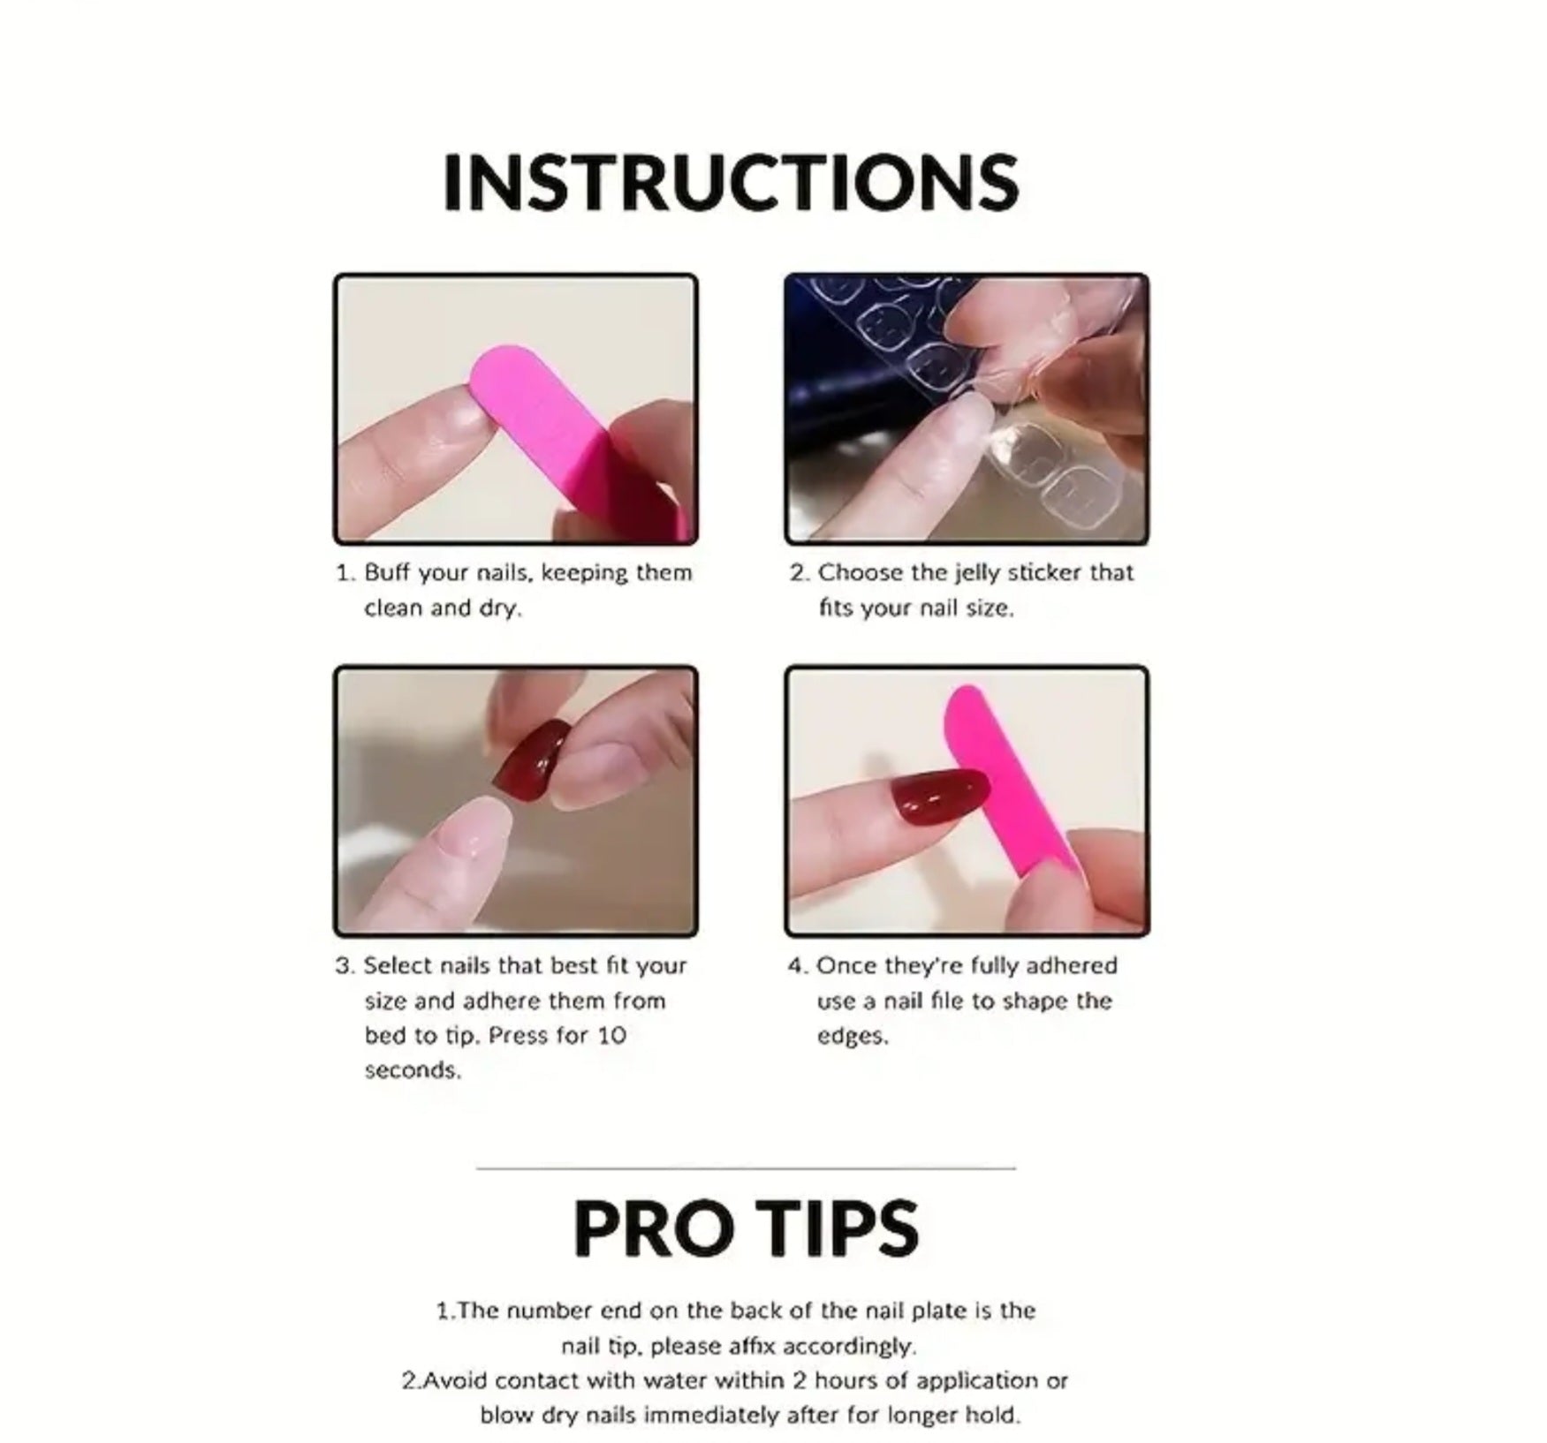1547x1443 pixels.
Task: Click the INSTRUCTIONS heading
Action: pos(731,183)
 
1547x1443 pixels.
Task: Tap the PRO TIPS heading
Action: pos(747,1228)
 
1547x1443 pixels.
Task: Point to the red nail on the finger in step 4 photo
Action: pos(940,795)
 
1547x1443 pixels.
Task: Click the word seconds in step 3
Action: pos(413,1070)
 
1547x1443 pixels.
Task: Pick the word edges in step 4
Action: pos(853,1037)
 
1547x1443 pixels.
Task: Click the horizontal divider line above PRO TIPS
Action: pos(747,1168)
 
